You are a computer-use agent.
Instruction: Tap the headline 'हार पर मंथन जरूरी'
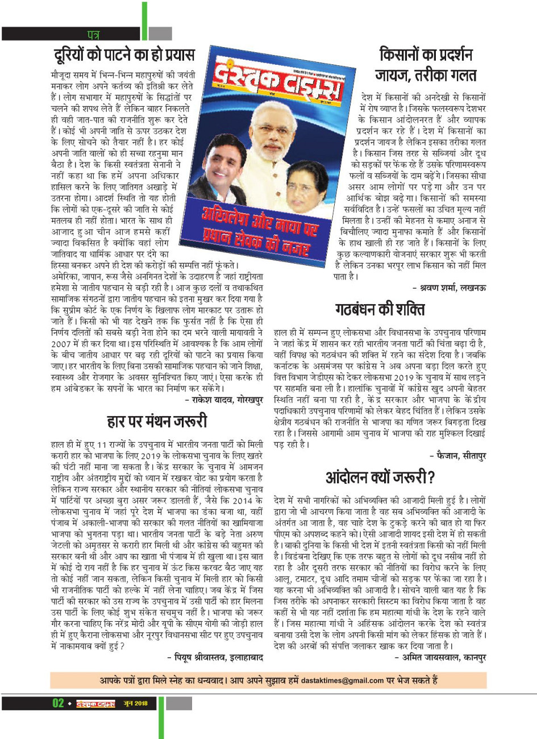157,421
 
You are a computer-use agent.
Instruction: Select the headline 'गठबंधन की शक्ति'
379,310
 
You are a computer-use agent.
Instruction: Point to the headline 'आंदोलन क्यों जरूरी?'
380,477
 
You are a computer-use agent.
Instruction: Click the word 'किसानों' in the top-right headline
402,55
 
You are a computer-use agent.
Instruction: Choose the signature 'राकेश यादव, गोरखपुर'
224,401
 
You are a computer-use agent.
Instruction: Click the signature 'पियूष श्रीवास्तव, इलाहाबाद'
215,657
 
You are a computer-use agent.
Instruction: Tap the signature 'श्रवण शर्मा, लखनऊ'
449,288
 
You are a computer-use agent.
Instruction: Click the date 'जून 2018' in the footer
135,704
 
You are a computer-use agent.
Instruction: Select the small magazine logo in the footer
96,704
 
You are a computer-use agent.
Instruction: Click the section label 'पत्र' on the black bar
93,35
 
